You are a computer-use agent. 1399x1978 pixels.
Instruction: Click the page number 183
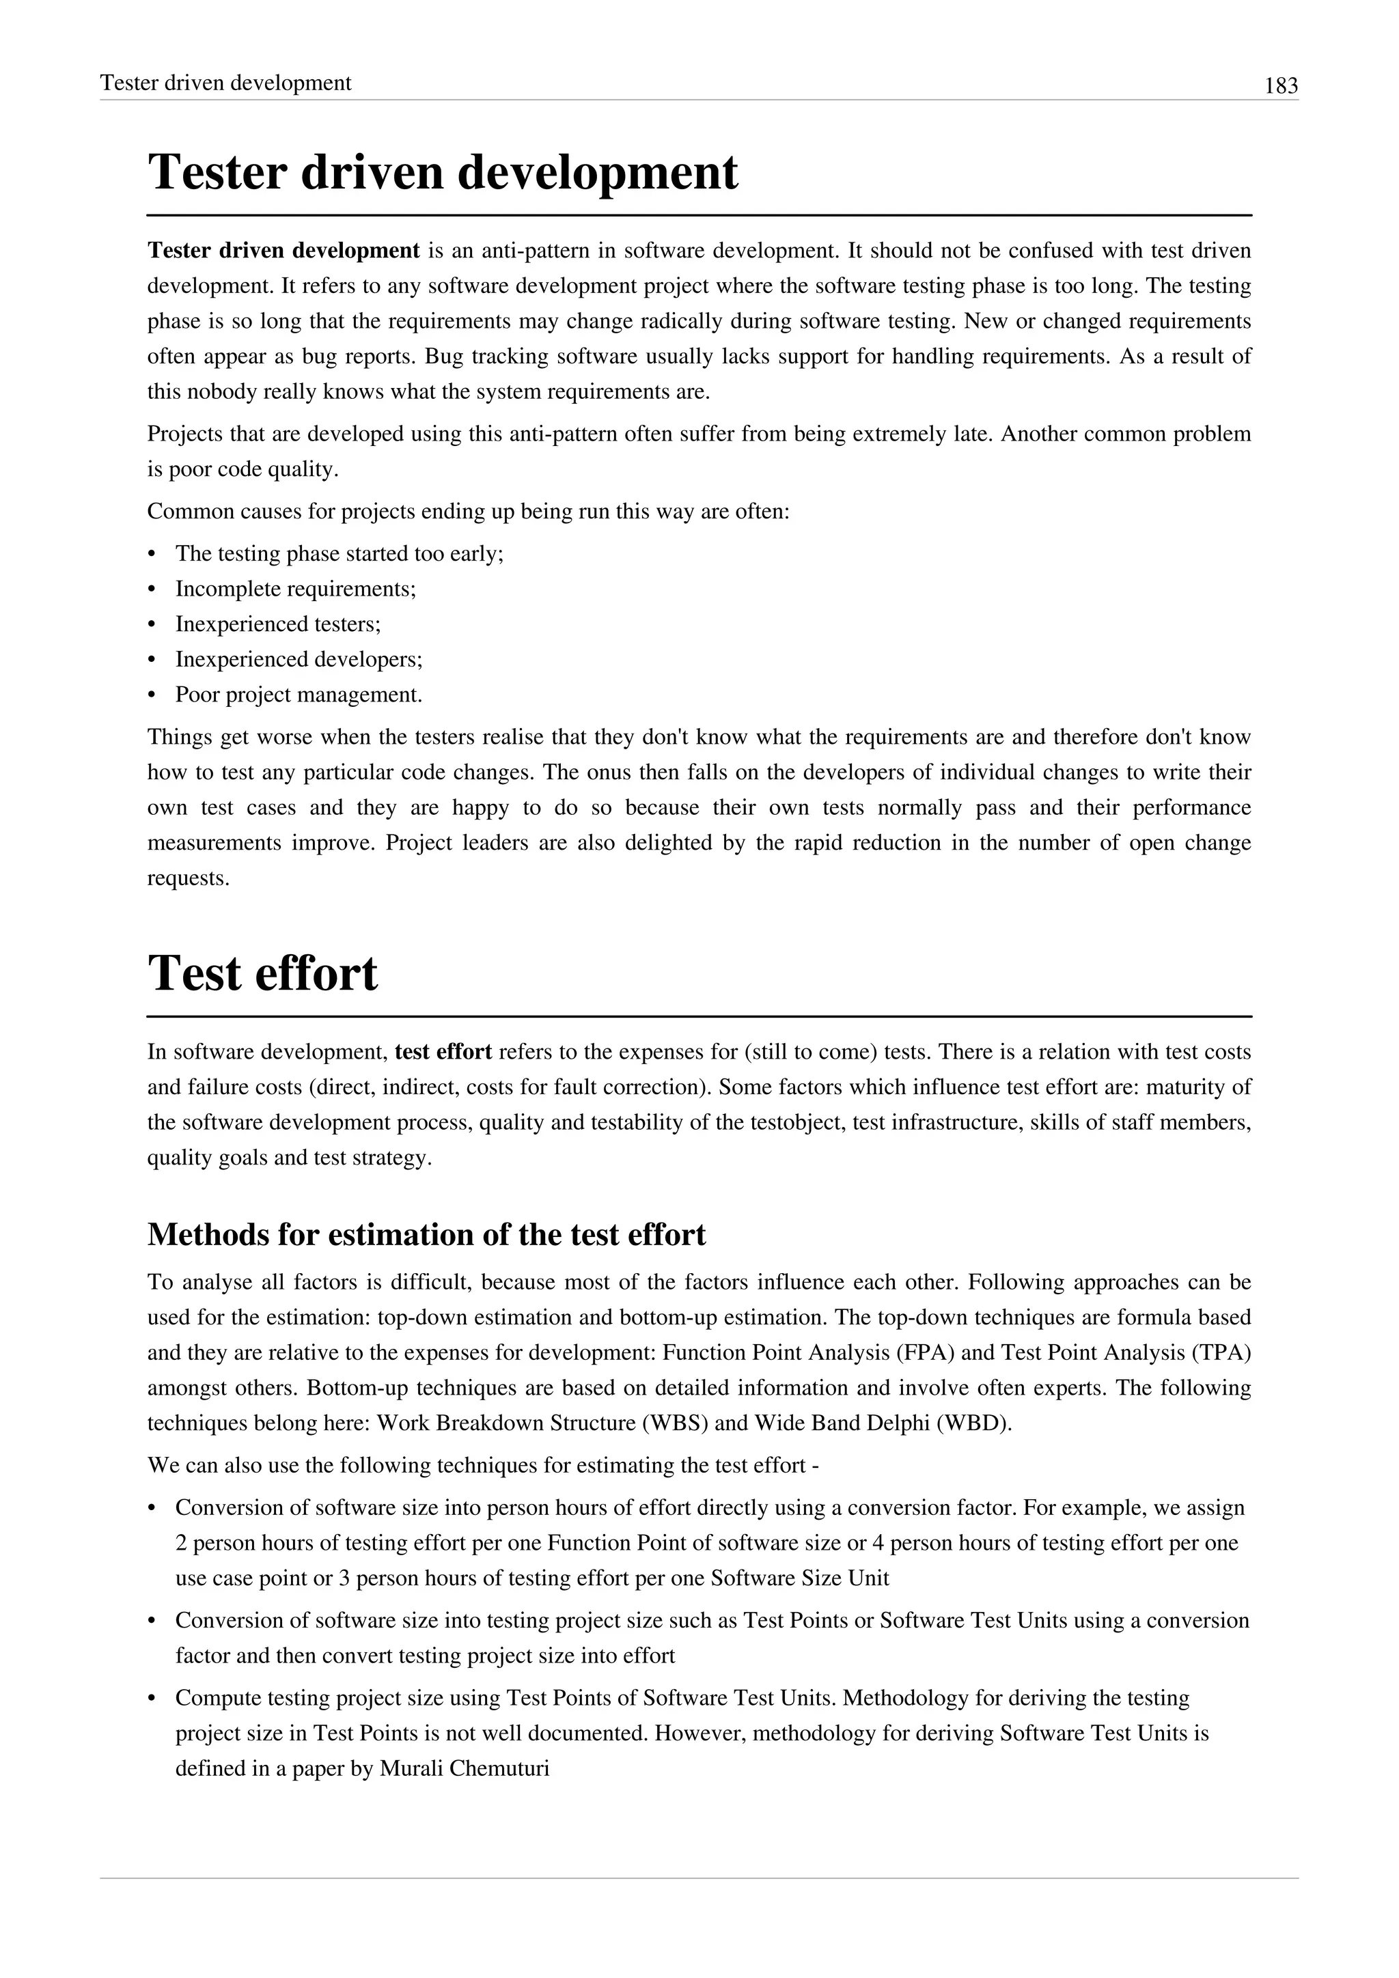[1281, 85]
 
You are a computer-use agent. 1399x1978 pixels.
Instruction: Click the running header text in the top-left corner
[225, 83]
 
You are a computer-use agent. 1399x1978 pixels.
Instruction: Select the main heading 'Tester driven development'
[443, 171]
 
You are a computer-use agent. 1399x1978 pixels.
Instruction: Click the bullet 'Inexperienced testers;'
[277, 624]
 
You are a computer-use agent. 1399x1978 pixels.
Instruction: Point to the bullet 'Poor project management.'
[299, 695]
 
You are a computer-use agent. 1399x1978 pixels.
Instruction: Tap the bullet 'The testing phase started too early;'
[340, 553]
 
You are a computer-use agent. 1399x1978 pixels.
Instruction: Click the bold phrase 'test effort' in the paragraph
[443, 1052]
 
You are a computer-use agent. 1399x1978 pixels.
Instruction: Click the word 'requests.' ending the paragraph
[189, 879]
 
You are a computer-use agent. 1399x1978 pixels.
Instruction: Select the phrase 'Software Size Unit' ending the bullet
[799, 1578]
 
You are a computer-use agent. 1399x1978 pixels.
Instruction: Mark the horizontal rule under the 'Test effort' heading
[699, 1016]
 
